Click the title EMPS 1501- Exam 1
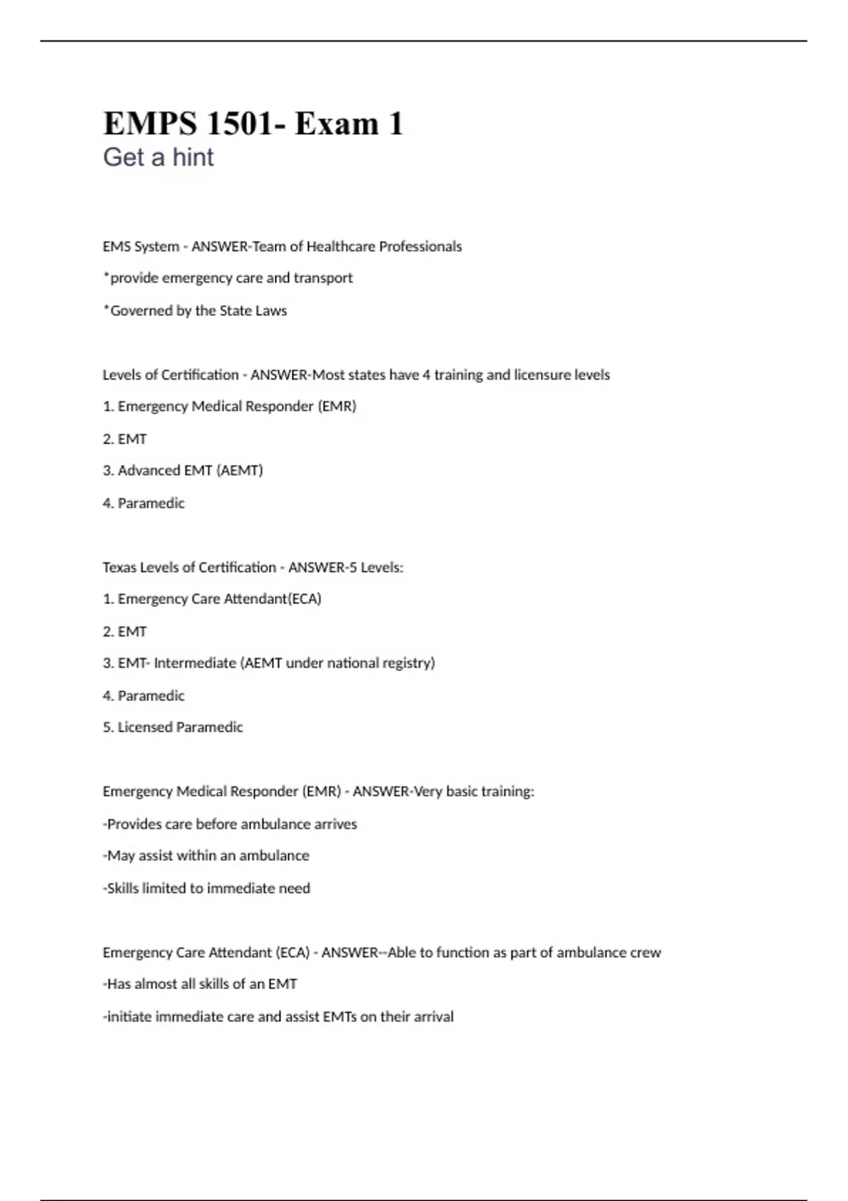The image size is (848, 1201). (253, 124)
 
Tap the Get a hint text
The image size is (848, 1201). (158, 157)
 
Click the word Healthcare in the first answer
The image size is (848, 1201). (341, 247)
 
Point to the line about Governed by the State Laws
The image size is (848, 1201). (195, 311)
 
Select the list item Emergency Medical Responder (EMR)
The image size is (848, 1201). (230, 406)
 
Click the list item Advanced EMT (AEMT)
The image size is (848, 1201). (183, 471)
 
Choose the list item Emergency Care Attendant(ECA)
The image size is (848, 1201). (212, 599)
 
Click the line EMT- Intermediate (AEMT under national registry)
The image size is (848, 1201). (269, 663)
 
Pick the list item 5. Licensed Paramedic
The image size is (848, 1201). (172, 727)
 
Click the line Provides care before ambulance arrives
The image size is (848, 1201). (230, 824)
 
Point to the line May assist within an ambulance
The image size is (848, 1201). (206, 856)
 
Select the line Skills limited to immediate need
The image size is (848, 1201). (206, 888)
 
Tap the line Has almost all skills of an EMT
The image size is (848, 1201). (200, 984)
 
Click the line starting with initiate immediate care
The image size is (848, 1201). (278, 1017)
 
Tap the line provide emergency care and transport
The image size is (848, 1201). (228, 278)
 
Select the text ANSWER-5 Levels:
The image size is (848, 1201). (346, 567)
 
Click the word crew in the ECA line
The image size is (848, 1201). (645, 952)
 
